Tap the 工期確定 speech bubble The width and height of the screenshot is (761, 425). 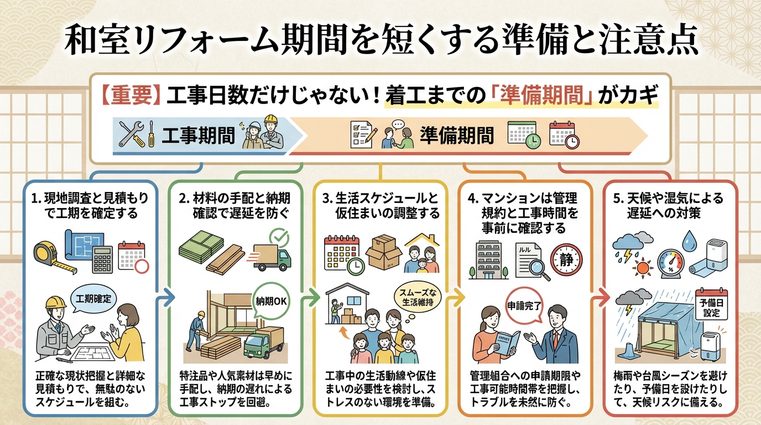93,299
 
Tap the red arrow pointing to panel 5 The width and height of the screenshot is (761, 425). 596,299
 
